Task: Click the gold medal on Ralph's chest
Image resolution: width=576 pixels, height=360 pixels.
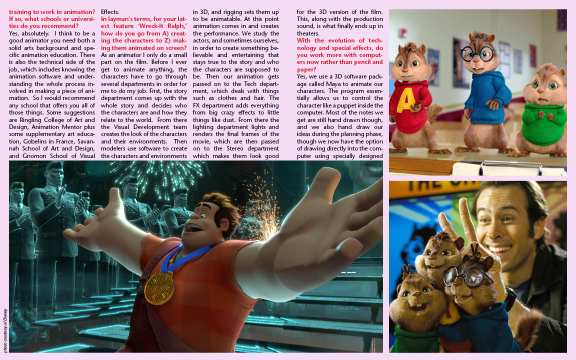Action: coord(159,287)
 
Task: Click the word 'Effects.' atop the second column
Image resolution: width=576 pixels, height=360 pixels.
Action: coord(110,11)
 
